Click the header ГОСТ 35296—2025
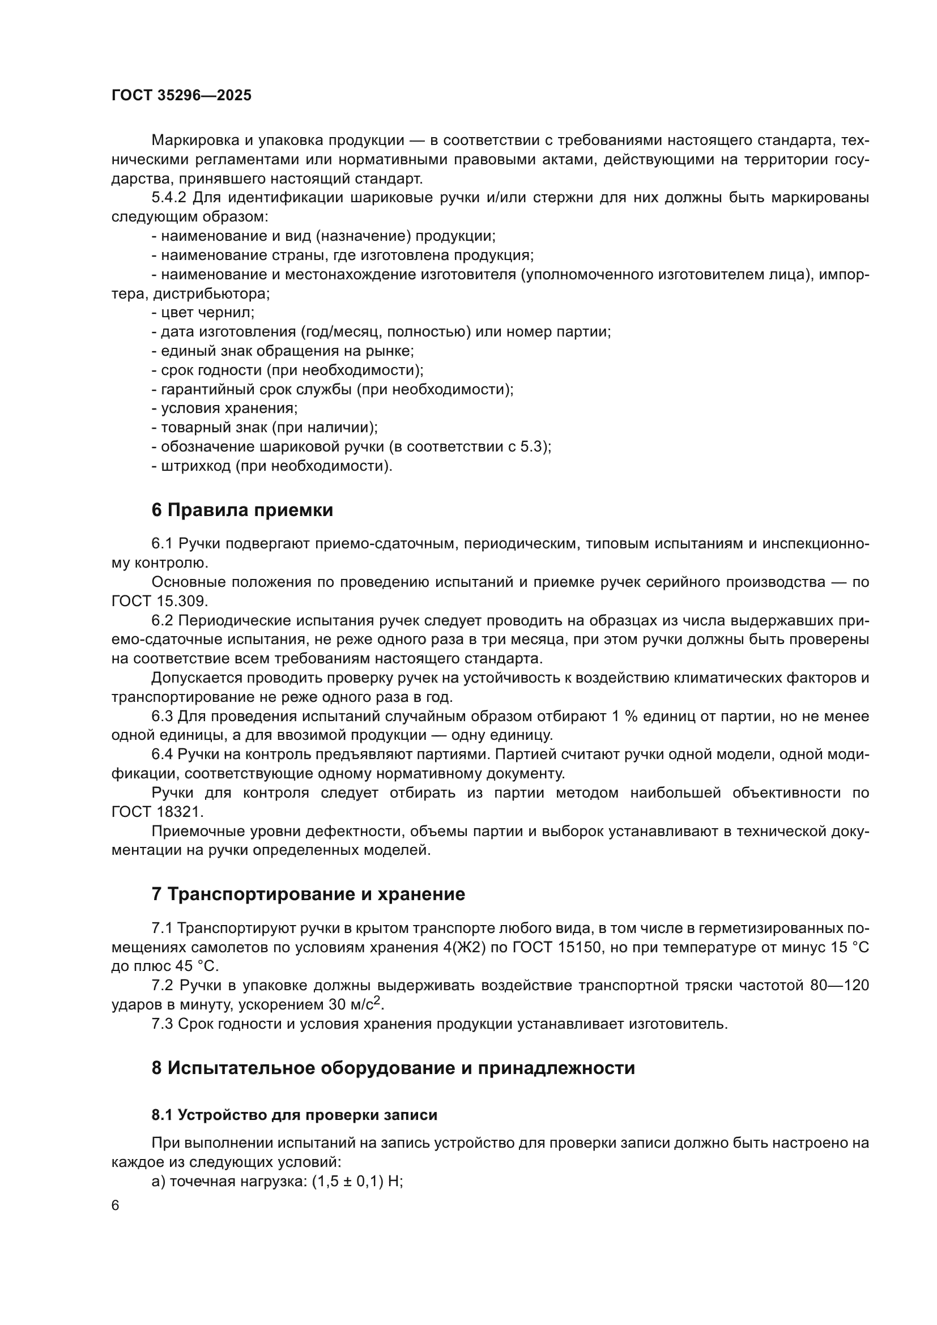181,95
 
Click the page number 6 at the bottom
116,1205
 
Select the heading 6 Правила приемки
242,510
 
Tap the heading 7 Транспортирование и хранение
308,894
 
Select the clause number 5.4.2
168,198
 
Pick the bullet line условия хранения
225,408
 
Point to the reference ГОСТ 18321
157,812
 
